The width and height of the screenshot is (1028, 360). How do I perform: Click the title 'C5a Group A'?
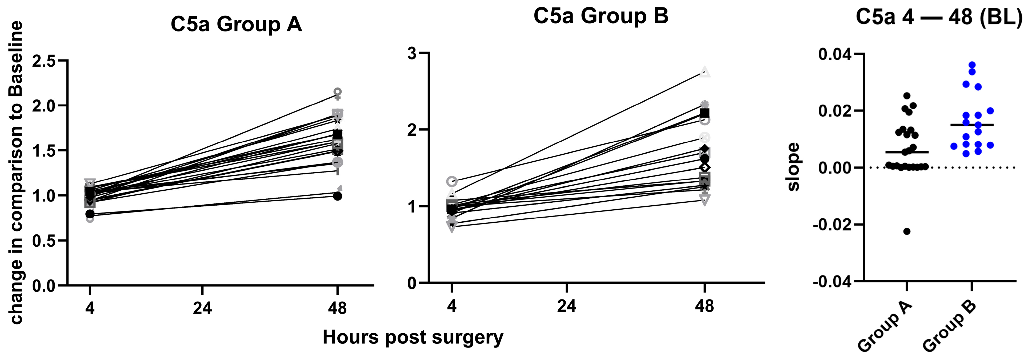pyautogui.click(x=236, y=25)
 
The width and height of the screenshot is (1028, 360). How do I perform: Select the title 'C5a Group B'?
pyautogui.click(x=601, y=16)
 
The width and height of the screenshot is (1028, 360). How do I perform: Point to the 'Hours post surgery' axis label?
pyautogui.click(x=413, y=337)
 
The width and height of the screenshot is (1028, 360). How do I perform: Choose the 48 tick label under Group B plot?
pyautogui.click(x=704, y=306)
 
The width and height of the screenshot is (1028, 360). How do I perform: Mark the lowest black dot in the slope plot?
pyautogui.click(x=907, y=231)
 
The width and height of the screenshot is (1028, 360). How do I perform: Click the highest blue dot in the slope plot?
pyautogui.click(x=972, y=65)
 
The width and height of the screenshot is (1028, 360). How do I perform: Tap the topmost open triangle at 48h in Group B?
pyautogui.click(x=705, y=72)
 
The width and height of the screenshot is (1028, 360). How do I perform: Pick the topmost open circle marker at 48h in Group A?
pyautogui.click(x=338, y=92)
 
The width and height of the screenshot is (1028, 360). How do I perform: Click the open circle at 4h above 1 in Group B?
pyautogui.click(x=452, y=181)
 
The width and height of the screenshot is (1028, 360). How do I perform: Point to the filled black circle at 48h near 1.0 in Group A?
pyautogui.click(x=338, y=196)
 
